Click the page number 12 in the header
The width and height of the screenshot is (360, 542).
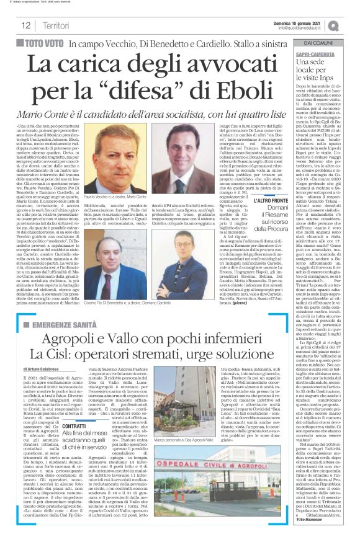tap(26, 25)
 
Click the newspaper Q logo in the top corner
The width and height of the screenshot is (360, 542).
tap(335, 24)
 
